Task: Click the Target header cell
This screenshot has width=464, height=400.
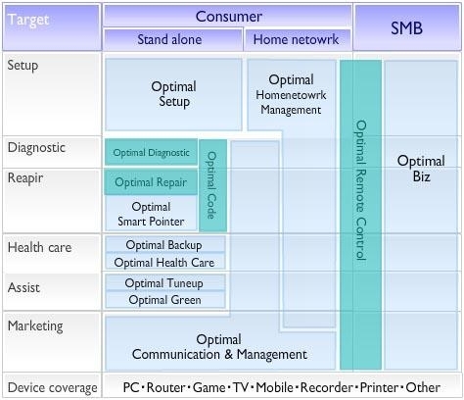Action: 52,27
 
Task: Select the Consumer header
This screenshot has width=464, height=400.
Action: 228,16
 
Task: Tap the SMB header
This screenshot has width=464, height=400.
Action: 407,27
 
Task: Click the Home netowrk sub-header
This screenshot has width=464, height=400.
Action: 298,39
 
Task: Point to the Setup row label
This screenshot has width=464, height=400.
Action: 23,65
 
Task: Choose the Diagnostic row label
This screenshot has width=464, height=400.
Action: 36,147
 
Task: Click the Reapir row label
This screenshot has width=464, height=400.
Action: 25,178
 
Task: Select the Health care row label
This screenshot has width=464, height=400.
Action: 39,247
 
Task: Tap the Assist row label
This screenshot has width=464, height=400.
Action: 23,287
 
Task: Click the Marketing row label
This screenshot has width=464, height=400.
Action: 35,325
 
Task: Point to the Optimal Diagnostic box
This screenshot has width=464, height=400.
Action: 151,152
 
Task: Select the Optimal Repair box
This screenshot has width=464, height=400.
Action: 151,182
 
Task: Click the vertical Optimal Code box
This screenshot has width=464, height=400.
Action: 212,185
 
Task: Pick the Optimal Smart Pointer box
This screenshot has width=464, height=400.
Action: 151,214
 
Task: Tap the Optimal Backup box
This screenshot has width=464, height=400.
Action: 165,245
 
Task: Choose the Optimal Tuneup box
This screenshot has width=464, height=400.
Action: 165,282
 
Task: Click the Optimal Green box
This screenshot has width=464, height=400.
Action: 165,300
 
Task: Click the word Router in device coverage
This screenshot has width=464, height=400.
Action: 165,387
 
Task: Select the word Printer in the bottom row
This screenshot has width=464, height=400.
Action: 379,387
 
